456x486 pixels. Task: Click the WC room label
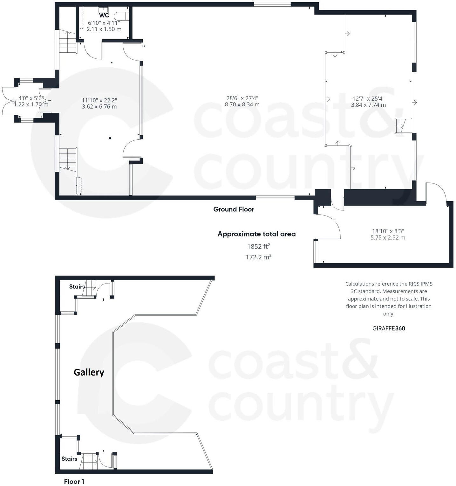[x=104, y=16]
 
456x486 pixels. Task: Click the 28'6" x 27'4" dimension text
[x=242, y=101]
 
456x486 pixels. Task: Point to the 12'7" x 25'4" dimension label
[x=368, y=102]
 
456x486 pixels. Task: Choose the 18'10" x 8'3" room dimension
[x=388, y=234]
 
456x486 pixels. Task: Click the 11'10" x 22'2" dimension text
[x=99, y=103]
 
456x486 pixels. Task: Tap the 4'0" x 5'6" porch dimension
[x=31, y=101]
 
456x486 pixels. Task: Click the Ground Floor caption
[x=234, y=209]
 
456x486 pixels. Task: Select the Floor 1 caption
[x=74, y=481]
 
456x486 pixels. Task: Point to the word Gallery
[x=89, y=372]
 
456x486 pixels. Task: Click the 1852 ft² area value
[x=258, y=246]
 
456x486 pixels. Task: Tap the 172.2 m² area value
[x=258, y=257]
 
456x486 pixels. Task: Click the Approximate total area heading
[x=256, y=234]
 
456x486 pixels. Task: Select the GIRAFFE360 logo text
[x=389, y=328]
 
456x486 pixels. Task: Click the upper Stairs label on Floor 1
[x=77, y=287]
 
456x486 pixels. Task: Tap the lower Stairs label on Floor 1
[x=69, y=459]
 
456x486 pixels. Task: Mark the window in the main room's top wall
[x=272, y=4]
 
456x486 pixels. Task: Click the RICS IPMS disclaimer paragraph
[x=389, y=299]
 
